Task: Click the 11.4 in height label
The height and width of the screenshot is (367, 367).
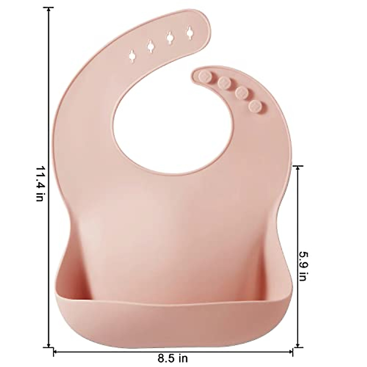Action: [40, 183]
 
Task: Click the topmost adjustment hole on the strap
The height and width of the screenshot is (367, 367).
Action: [190, 32]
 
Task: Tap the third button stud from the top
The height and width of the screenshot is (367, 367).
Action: [242, 92]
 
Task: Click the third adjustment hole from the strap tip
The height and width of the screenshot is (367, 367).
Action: [150, 46]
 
